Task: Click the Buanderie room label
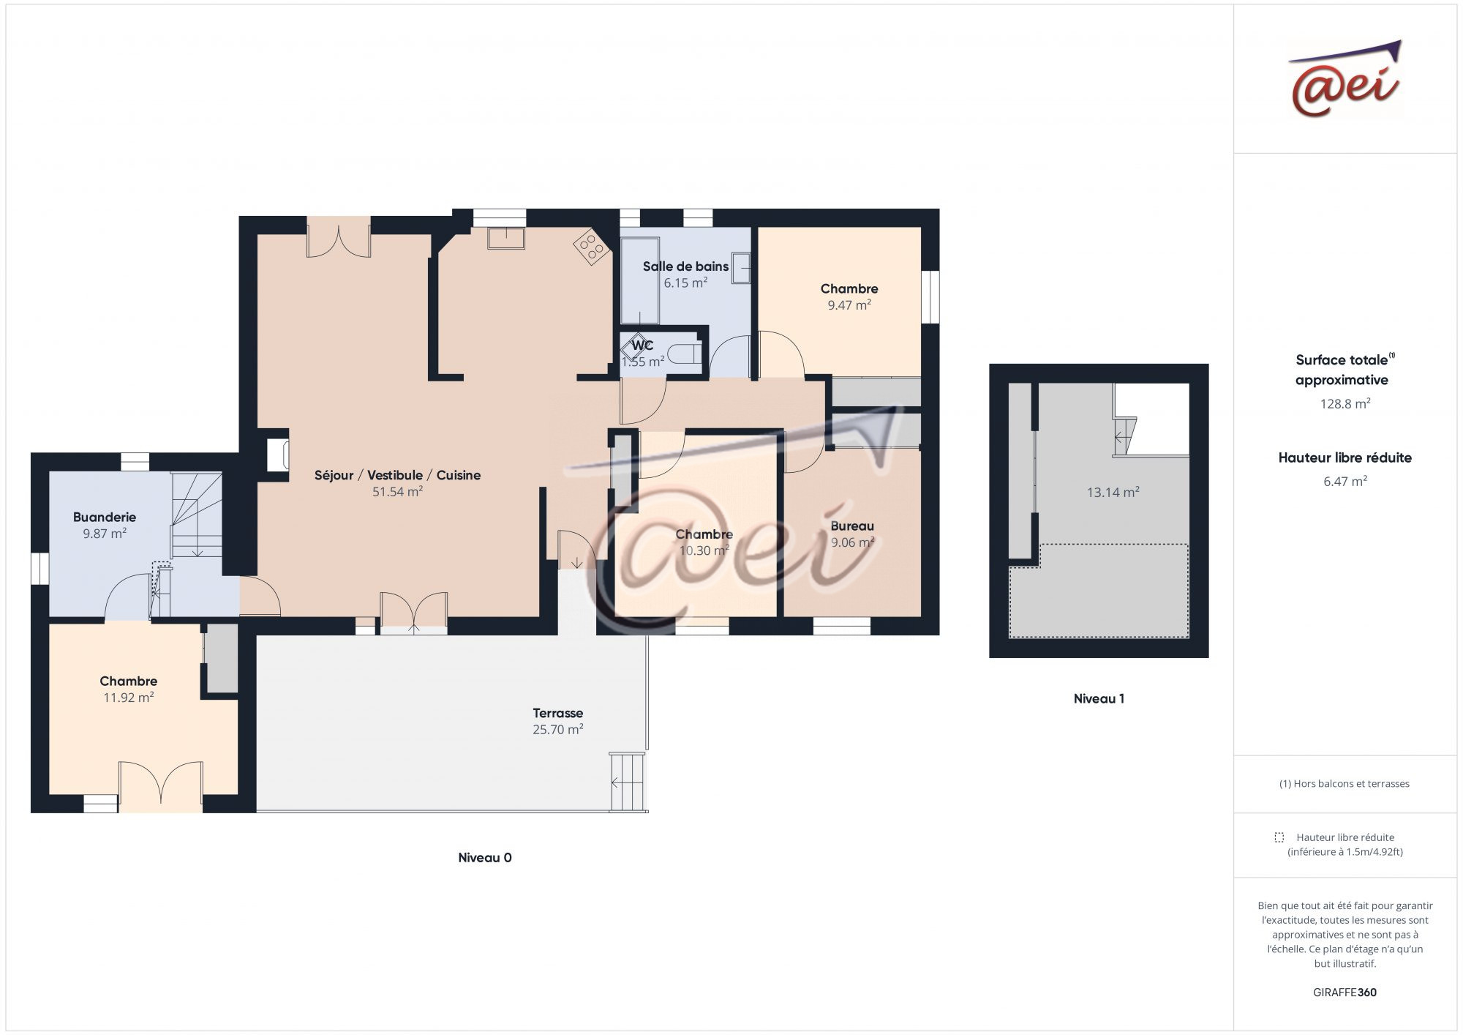point(105,517)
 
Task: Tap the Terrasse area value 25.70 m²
point(558,729)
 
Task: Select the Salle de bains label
point(686,266)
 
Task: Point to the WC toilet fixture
point(687,356)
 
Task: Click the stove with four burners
point(593,247)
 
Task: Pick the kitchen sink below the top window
point(506,238)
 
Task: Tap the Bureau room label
point(852,526)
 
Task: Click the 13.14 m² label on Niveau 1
point(1113,493)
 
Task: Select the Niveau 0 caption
point(485,858)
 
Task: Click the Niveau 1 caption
point(1099,698)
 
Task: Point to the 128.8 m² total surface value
point(1344,403)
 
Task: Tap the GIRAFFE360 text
point(1344,993)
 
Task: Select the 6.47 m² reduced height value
point(1344,481)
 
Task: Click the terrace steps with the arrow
point(628,782)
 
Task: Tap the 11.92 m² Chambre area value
point(128,698)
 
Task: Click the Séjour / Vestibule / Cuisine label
point(397,475)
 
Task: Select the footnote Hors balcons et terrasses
point(1344,783)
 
